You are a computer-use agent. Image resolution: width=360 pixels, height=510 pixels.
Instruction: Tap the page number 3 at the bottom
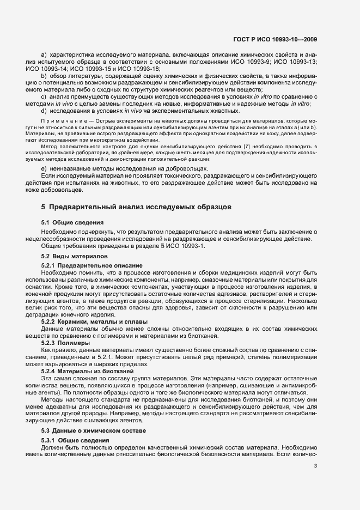[x=315, y=465]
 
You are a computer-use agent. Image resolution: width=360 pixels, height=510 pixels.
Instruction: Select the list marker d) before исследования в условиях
[x=44, y=111]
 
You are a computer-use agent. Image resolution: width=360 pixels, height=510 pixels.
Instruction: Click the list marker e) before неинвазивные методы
[x=44, y=169]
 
